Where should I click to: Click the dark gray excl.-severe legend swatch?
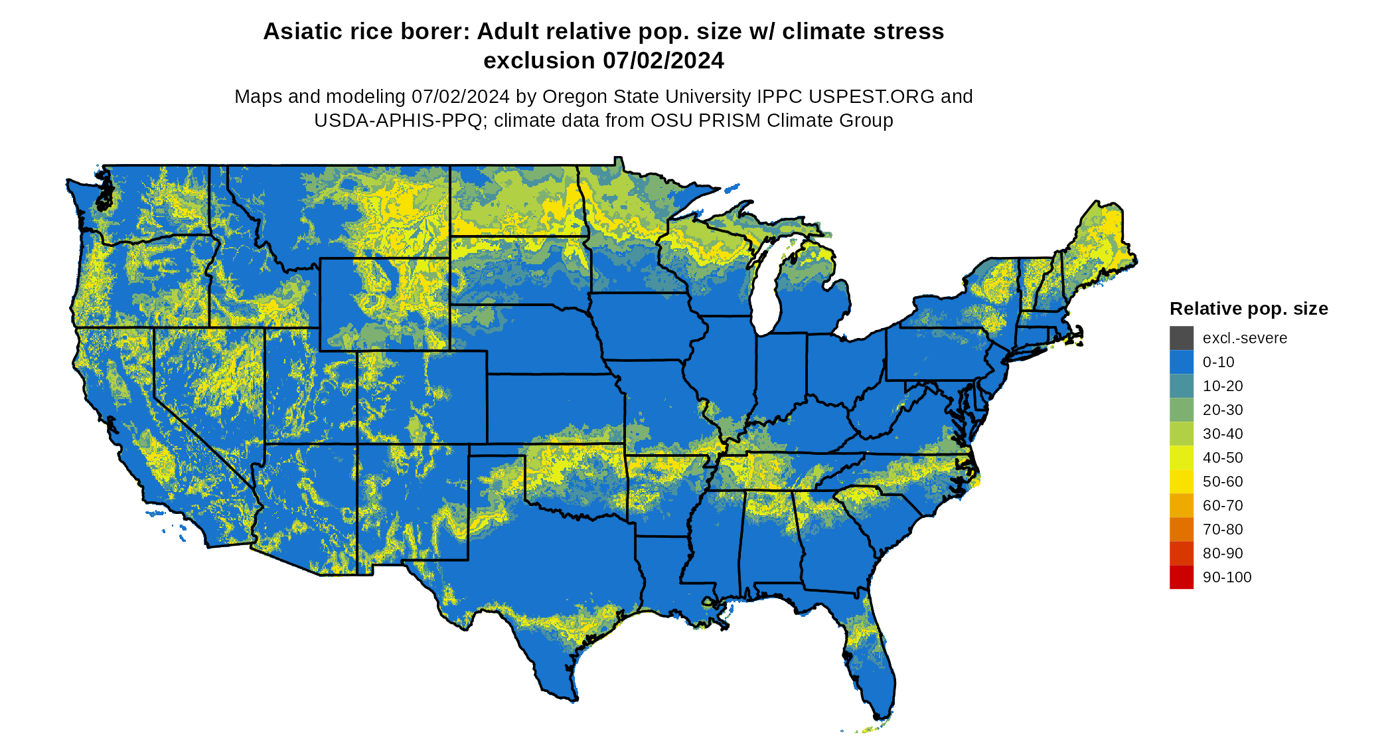click(x=1181, y=338)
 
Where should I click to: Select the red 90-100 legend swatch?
click(x=1181, y=577)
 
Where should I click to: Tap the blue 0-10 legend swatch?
click(x=1181, y=362)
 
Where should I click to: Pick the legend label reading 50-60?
click(x=1222, y=481)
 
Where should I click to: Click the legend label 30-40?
click(x=1222, y=434)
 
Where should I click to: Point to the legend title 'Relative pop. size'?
click(x=1248, y=309)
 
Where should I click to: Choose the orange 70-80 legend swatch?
click(x=1181, y=529)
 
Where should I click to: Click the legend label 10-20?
click(x=1222, y=386)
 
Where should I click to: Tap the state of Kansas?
click(x=554, y=408)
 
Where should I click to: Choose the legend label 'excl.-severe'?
click(x=1245, y=338)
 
